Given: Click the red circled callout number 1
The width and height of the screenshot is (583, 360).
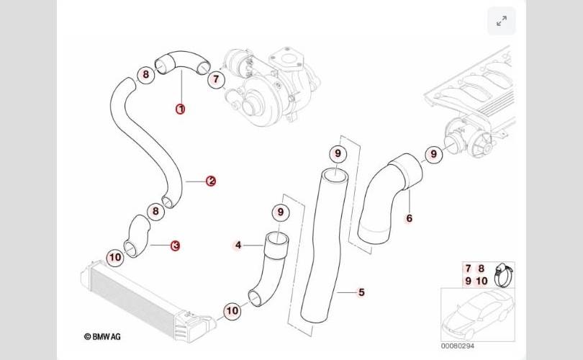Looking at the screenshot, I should click(x=181, y=109).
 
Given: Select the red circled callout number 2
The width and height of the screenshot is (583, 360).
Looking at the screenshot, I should click(x=211, y=181).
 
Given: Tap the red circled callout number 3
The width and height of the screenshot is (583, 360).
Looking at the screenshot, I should click(x=175, y=246).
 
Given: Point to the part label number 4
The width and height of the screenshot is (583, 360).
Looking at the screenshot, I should click(x=238, y=246).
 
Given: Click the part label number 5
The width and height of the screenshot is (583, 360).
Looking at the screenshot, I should click(x=361, y=292).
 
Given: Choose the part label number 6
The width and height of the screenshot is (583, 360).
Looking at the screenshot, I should click(x=410, y=218).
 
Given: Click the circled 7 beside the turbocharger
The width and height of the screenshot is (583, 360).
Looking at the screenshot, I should click(x=216, y=80).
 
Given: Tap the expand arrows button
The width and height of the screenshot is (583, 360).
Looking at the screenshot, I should click(x=502, y=22).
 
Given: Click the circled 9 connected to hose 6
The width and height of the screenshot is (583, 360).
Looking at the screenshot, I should click(x=433, y=153).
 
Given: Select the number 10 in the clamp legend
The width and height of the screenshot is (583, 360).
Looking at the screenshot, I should click(x=482, y=281).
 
